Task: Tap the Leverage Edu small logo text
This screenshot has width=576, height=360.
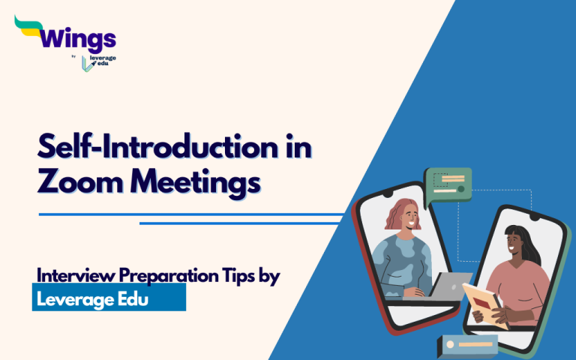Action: tap(103, 61)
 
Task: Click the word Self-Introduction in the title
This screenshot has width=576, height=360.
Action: tap(157, 147)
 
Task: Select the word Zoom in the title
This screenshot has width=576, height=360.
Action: tap(80, 181)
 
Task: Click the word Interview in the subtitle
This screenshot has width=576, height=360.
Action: tap(76, 275)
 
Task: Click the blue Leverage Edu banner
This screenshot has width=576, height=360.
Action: tap(109, 297)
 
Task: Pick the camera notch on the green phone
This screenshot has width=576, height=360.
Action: tap(535, 218)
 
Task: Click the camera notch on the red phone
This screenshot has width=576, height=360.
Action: tap(388, 193)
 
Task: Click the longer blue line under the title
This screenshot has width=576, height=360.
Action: tap(191, 214)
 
